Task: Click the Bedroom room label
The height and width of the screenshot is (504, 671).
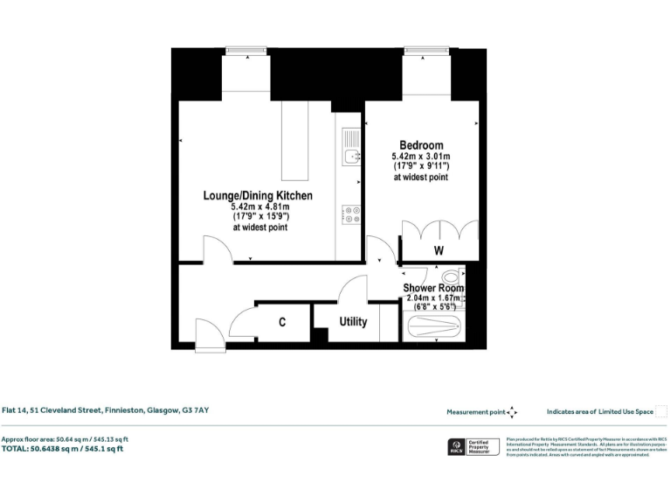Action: [x=421, y=145]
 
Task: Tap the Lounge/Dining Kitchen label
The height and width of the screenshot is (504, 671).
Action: [x=258, y=196]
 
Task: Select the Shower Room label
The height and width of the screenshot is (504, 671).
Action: [x=433, y=288]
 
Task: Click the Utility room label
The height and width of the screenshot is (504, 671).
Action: [x=353, y=322]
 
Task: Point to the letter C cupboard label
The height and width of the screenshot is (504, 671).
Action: [x=282, y=323]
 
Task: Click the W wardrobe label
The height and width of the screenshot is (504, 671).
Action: [x=439, y=251]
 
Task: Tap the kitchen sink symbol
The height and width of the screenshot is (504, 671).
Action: [x=351, y=157]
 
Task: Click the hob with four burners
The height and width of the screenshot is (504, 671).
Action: [x=351, y=214]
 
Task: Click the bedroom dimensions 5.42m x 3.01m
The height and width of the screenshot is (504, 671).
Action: [x=421, y=157]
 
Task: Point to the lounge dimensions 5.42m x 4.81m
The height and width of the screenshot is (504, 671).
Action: [x=259, y=207]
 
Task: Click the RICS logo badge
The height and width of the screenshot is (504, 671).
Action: [x=456, y=447]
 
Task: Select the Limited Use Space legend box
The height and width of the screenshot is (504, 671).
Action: [x=661, y=411]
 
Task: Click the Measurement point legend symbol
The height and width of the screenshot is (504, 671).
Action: [x=513, y=411]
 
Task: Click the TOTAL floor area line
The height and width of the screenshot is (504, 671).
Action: [x=62, y=448]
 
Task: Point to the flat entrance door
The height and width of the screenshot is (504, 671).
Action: [x=209, y=334]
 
